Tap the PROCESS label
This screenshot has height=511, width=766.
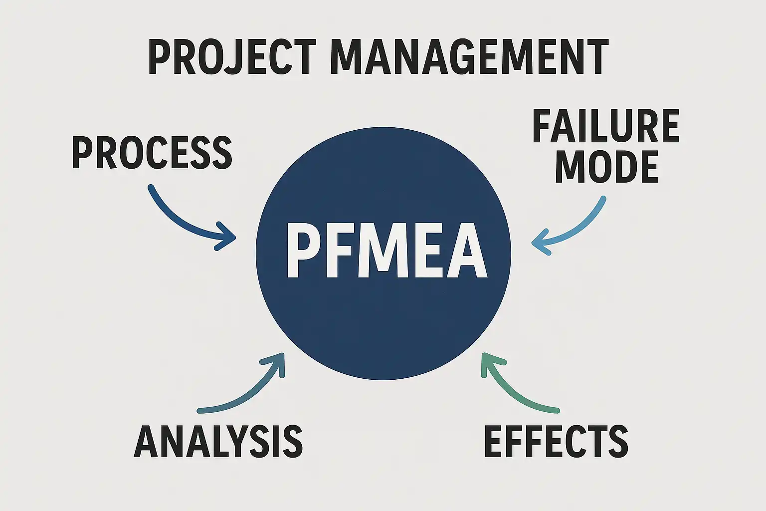tap(152, 153)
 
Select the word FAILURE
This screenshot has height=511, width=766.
tap(606, 126)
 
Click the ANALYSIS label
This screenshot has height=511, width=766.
tap(218, 442)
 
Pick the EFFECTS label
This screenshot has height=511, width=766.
tap(556, 442)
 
